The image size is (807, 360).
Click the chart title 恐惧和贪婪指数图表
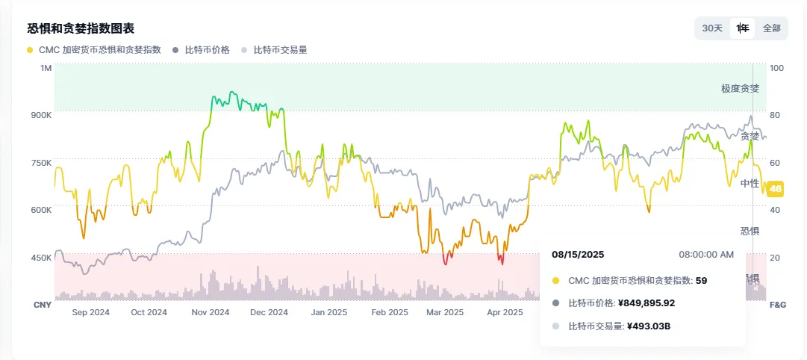(x=81, y=29)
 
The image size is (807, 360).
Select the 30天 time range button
(x=712, y=28)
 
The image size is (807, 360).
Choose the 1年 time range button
(x=743, y=28)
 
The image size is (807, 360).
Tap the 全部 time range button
(x=771, y=28)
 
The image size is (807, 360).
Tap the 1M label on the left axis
(x=46, y=68)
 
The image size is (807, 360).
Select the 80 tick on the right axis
(x=776, y=115)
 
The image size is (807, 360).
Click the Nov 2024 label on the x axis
(x=210, y=312)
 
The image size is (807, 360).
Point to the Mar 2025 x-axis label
(x=445, y=312)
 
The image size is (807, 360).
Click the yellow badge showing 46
(x=776, y=189)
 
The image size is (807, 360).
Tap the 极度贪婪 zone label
(x=740, y=88)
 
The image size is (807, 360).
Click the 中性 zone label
(x=750, y=183)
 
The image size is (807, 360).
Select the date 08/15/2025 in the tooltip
(x=578, y=255)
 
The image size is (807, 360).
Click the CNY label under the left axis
(x=42, y=305)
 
